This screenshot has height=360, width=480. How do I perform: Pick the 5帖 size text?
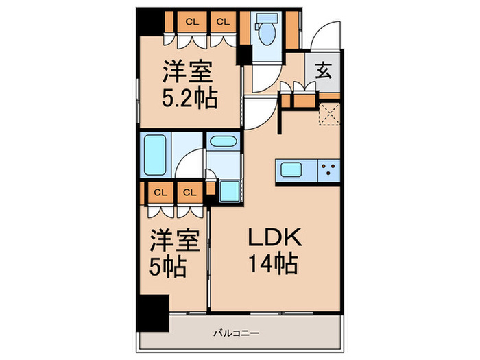pyautogui.click(x=169, y=267)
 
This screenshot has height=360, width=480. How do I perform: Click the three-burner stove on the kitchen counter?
pyautogui.click(x=329, y=169)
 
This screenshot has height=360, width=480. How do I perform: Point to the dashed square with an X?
pyautogui.click(x=330, y=112)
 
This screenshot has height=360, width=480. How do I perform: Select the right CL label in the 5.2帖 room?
pyautogui.click(x=222, y=22)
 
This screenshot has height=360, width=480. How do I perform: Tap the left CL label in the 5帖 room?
pyautogui.click(x=159, y=192)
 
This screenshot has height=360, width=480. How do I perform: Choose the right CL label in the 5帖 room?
pyautogui.click(x=189, y=192)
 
